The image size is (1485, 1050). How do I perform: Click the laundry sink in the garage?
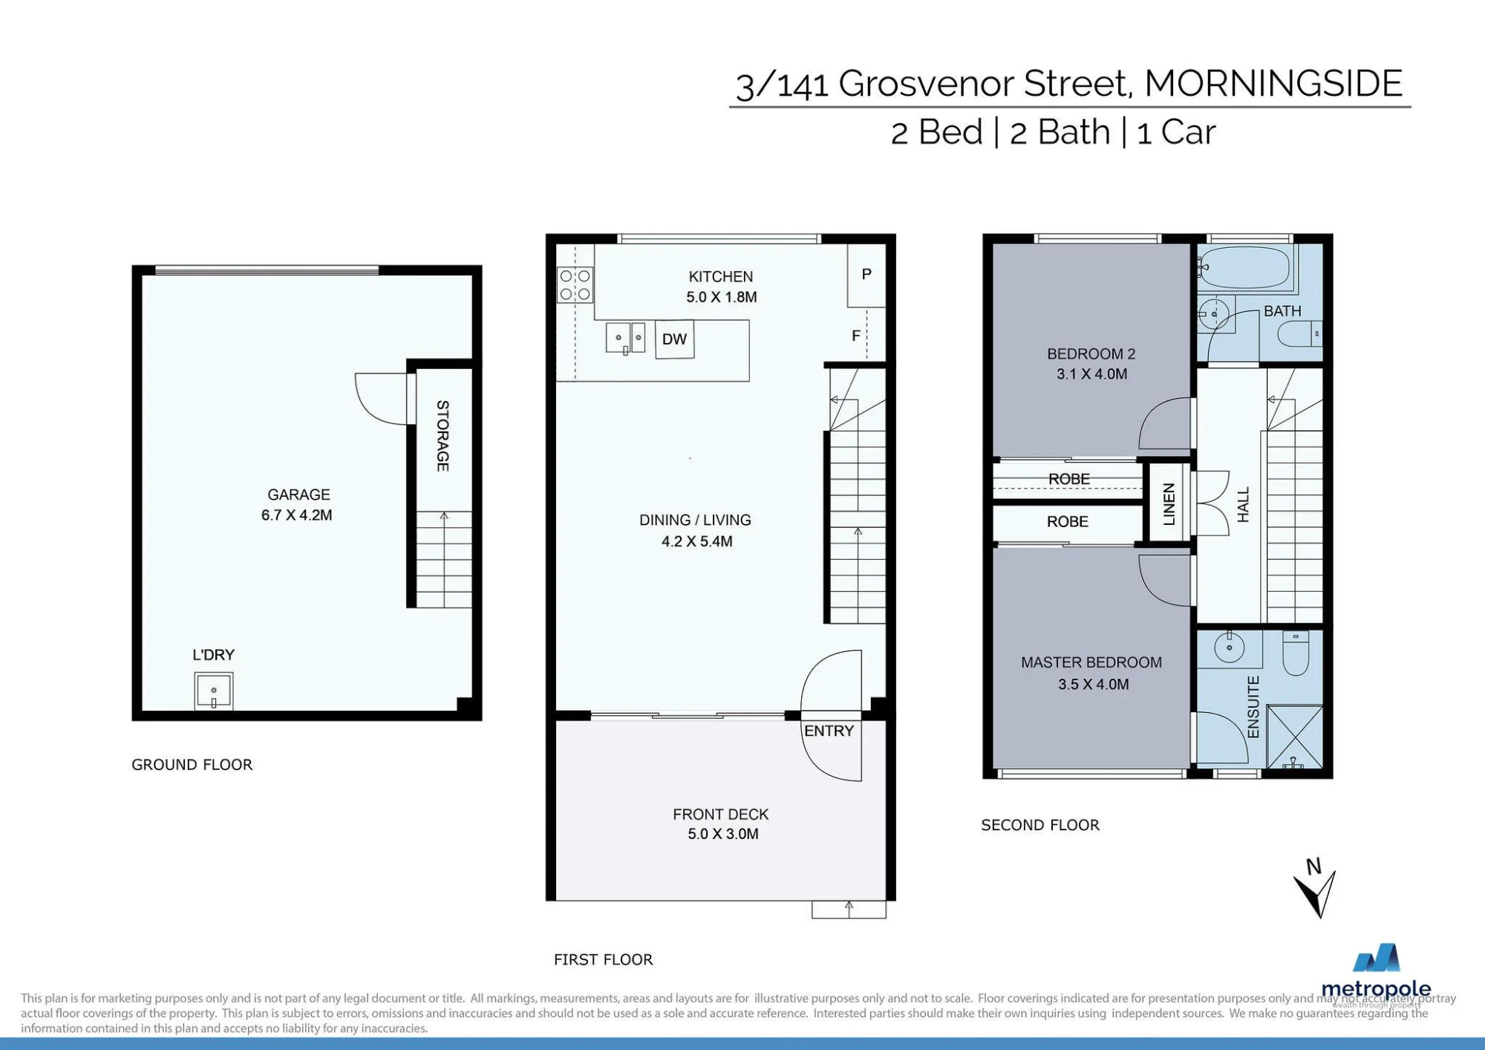coord(214,691)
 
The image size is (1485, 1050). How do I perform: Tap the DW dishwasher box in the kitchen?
coord(674,339)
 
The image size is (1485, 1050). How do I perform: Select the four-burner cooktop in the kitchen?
coord(575,285)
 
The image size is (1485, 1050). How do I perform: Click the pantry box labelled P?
coord(866,275)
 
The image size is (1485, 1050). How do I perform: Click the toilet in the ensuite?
coord(1296,653)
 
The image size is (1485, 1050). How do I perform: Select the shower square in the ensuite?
coord(1295,737)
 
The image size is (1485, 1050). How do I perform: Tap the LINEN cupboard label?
coord(1169,503)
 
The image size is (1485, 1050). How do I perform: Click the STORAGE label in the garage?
coord(443,436)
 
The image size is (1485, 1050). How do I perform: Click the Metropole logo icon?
coord(1377,957)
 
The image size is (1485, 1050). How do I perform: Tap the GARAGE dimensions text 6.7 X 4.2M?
coord(296,515)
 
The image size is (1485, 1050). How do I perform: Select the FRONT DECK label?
coord(721,815)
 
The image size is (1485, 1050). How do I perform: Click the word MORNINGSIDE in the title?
coord(1273,83)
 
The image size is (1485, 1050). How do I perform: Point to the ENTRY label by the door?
coord(829,731)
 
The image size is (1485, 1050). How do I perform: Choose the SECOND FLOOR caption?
coord(1040,825)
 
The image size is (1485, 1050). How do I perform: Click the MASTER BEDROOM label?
coord(1091,662)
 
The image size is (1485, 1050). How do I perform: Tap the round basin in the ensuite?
coord(1230,648)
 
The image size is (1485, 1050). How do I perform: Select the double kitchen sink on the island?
coord(625,338)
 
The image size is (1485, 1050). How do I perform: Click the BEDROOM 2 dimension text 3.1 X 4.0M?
coord(1092,374)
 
